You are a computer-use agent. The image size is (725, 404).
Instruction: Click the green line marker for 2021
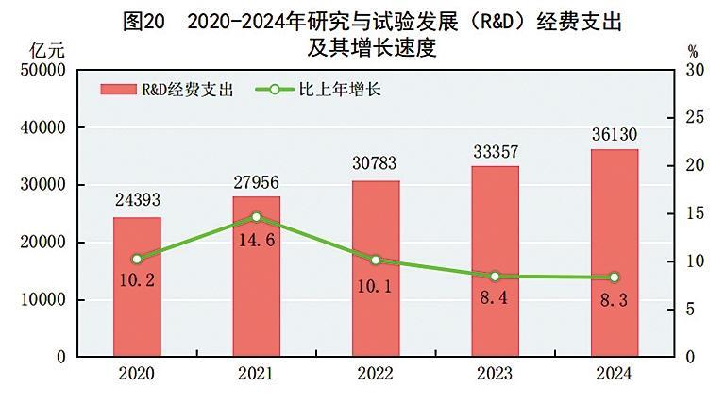pyautogui.click(x=257, y=217)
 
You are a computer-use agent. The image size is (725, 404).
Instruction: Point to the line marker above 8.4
pyautogui.click(x=496, y=276)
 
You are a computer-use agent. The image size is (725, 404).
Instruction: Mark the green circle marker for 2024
pyautogui.click(x=615, y=277)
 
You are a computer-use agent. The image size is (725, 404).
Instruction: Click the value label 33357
pyautogui.click(x=496, y=151)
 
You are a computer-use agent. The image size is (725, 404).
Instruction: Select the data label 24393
pyautogui.click(x=137, y=201)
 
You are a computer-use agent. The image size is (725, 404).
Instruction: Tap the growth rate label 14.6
pyautogui.click(x=257, y=241)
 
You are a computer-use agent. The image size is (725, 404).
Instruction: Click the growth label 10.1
pyautogui.click(x=376, y=283)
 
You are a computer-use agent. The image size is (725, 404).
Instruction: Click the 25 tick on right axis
pyautogui.click(x=696, y=118)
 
